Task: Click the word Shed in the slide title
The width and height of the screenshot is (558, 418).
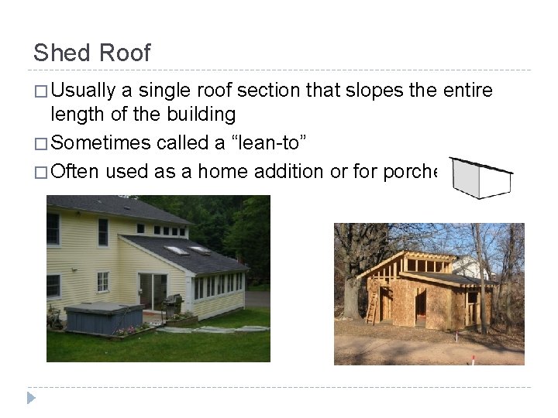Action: tap(57, 53)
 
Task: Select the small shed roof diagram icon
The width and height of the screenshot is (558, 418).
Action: tap(480, 178)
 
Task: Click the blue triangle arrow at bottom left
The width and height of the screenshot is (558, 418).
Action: tap(31, 398)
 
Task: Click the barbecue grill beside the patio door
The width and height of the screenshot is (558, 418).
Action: tap(172, 306)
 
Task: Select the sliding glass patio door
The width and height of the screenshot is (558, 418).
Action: tap(152, 291)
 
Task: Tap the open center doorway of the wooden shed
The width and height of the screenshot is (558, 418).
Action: tap(421, 305)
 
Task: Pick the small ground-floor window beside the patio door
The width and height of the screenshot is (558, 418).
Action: tap(102, 282)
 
